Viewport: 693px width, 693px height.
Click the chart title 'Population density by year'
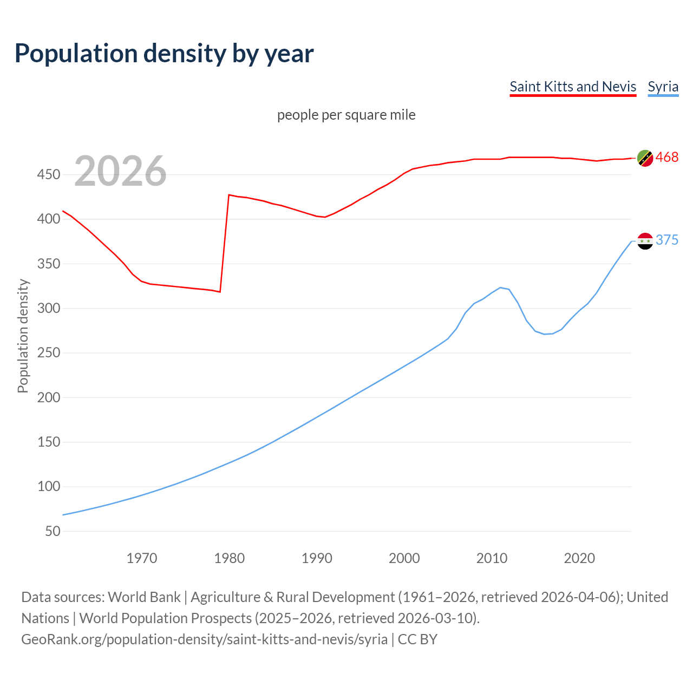164,53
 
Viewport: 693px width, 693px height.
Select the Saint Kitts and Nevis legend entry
573,87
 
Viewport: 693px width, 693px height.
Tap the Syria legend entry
663,87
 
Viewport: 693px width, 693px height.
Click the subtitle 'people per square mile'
346,115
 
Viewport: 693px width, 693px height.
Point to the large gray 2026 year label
120,171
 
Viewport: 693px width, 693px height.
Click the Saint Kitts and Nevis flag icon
645,158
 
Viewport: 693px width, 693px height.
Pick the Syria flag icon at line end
645,241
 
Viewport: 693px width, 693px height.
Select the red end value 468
667,158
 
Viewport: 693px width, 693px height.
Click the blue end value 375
667,240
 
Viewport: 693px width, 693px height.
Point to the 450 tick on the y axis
49,175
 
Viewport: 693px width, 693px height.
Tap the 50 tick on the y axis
53,531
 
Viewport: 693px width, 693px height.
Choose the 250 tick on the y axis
49,353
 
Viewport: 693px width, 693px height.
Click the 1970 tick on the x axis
142,558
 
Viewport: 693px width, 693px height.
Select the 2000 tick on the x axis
404,558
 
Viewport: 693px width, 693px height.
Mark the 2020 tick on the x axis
579,558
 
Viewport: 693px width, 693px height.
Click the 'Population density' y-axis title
23,336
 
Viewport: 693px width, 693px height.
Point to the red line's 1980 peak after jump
229,195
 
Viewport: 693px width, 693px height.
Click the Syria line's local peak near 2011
500,287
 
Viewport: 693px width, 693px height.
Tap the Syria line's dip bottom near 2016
545,334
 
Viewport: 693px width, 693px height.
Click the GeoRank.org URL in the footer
205,639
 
